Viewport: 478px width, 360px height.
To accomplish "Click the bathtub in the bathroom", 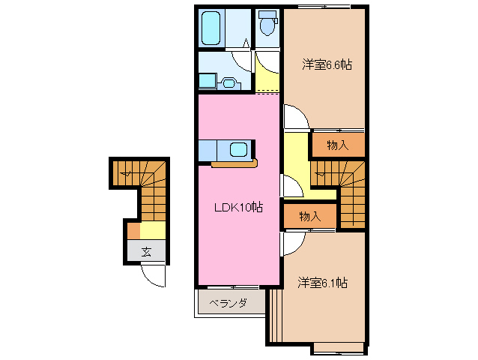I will (x=212, y=28).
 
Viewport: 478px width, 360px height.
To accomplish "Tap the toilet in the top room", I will (x=266, y=25).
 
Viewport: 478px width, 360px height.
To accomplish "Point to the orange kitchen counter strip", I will (x=235, y=163).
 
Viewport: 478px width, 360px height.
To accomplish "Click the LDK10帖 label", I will (x=238, y=207).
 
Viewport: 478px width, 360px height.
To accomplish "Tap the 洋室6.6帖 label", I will (x=327, y=64).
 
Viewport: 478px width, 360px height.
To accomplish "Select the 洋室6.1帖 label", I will (x=322, y=283).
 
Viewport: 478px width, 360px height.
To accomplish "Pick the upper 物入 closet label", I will (x=338, y=145).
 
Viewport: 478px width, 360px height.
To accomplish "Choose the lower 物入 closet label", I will (x=309, y=216).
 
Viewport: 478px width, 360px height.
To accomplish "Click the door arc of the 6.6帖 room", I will (x=294, y=117).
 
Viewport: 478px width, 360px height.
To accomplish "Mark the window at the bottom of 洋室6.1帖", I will (x=338, y=348).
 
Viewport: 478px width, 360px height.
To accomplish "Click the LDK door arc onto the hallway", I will (x=287, y=184).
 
